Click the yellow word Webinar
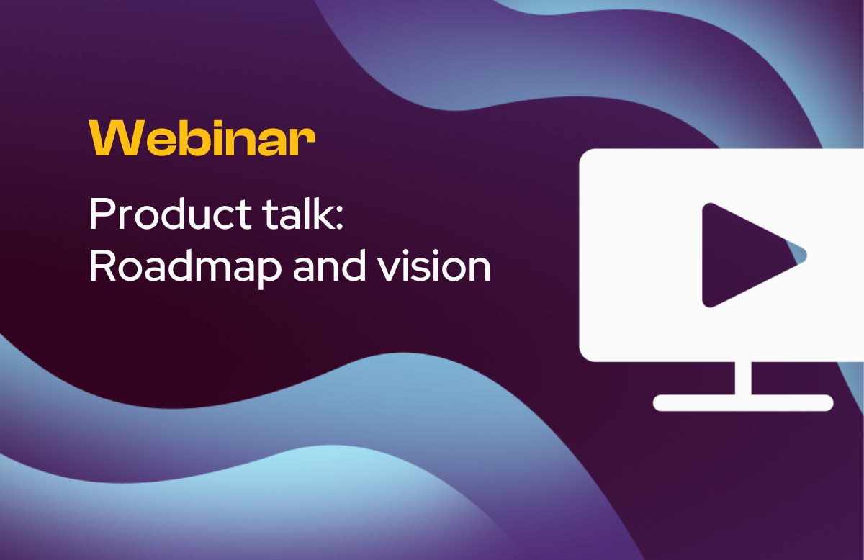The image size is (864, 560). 202,137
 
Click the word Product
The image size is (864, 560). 171,214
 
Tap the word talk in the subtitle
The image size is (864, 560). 298,213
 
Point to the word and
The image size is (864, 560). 329,266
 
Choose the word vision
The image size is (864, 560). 434,266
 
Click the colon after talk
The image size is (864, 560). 339,219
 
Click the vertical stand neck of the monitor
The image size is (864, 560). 743,379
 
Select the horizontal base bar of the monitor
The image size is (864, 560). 743,403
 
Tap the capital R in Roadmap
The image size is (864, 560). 102,266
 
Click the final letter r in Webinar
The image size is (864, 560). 307,142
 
